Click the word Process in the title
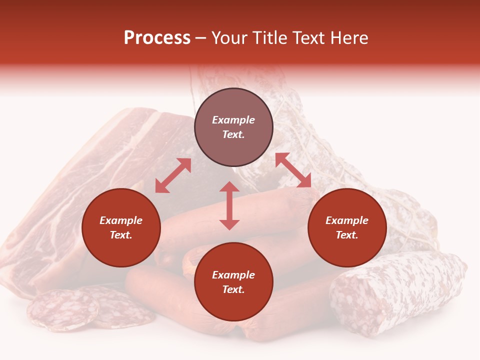click(157, 38)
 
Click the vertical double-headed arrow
click(229, 205)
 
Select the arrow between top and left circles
click(173, 175)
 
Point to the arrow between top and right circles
click(293, 170)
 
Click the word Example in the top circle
click(233, 120)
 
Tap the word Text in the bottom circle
click(233, 289)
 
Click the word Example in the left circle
click(121, 220)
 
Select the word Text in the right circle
click(347, 235)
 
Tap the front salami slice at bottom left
click(62, 310)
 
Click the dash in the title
click(201, 38)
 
